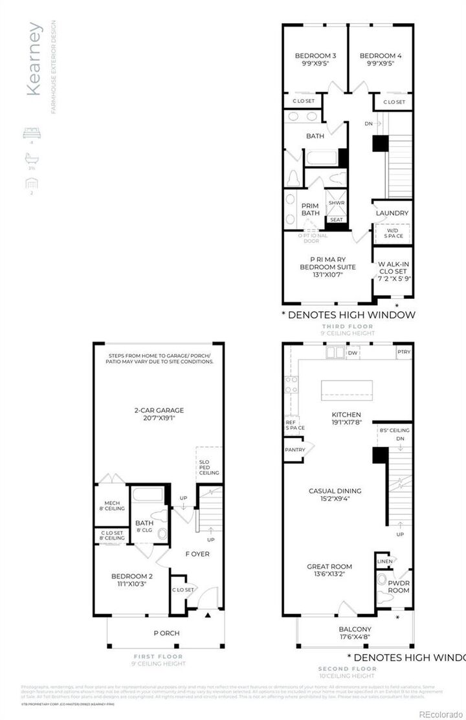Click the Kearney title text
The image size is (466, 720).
[35, 59]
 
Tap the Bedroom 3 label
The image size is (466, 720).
[311, 56]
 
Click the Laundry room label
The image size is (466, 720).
[392, 213]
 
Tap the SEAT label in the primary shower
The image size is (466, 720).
[337, 219]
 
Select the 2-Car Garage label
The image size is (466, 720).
[159, 410]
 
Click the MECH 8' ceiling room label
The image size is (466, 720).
[111, 505]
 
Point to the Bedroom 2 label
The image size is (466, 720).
[131, 576]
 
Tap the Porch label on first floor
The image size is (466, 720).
[166, 633]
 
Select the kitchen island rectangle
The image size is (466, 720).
[348, 389]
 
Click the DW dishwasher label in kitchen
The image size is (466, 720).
[353, 353]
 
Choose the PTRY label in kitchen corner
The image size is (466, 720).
[404, 352]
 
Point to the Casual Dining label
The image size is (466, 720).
[335, 491]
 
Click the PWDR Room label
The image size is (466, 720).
[399, 587]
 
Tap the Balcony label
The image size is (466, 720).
[355, 629]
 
